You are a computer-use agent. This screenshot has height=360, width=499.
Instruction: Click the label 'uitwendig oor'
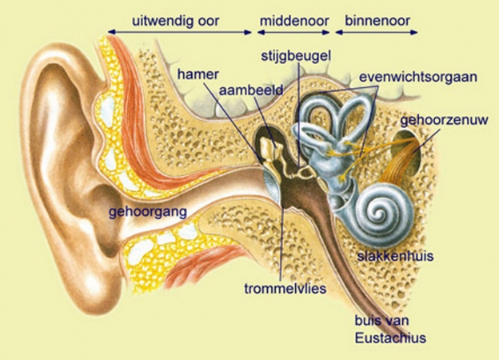point(176,21)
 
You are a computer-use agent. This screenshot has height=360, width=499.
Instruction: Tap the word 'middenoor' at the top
point(294,21)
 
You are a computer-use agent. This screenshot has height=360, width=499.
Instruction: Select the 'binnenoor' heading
point(377,21)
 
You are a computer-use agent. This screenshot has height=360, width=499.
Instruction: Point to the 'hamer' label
point(198,74)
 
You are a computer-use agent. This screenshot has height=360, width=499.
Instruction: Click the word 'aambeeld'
point(251,90)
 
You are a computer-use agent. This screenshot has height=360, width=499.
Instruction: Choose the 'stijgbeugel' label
point(296,56)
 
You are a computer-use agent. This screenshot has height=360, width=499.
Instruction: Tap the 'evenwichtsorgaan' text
point(418,78)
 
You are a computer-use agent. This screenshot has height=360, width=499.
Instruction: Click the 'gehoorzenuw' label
point(444,120)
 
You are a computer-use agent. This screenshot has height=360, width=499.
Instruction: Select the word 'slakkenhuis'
point(395,255)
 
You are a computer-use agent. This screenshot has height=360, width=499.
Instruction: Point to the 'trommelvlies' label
point(285,288)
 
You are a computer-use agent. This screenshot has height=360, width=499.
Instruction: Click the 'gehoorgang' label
point(148,213)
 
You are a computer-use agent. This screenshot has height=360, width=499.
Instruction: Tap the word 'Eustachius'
point(390,338)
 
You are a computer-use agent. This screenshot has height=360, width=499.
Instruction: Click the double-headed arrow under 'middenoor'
point(293,33)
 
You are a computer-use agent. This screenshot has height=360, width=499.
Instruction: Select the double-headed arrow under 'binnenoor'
point(377,33)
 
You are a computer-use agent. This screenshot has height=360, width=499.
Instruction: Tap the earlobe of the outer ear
point(95,286)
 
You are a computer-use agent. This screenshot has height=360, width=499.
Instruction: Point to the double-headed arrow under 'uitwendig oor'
point(180,32)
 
